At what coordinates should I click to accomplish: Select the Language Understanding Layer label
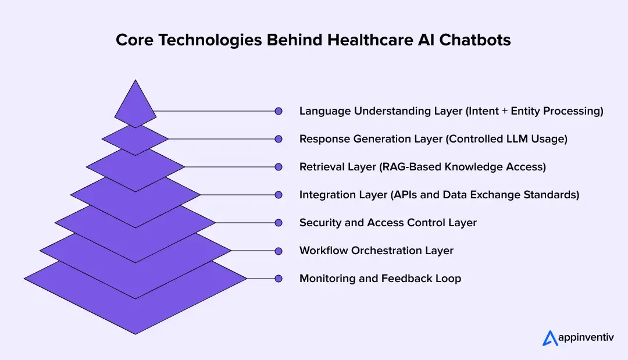pyautogui.click(x=451, y=111)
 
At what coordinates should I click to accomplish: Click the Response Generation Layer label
pyautogui.click(x=433, y=139)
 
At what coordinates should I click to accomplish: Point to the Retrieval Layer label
pyautogui.click(x=423, y=167)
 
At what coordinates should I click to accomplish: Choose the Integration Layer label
pyautogui.click(x=439, y=195)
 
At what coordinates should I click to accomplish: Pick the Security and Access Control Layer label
pyautogui.click(x=388, y=223)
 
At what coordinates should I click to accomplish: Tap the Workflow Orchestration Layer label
pyautogui.click(x=376, y=251)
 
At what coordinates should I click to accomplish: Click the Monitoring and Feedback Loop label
pyautogui.click(x=380, y=279)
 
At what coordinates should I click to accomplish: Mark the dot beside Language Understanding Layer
pyautogui.click(x=279, y=111)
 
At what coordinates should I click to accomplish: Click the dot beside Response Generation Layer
pyautogui.click(x=279, y=139)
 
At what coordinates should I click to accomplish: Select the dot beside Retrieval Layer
pyautogui.click(x=279, y=167)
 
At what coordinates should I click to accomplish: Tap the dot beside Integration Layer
pyautogui.click(x=279, y=195)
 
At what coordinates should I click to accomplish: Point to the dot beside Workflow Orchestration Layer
pyautogui.click(x=279, y=251)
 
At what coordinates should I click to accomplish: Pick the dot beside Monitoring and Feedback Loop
pyautogui.click(x=279, y=279)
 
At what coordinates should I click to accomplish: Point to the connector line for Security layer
pyautogui.click(x=244, y=223)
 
